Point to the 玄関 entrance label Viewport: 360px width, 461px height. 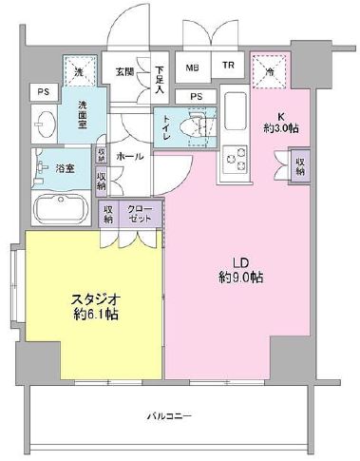tap(125, 70)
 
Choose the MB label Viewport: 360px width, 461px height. tap(193, 67)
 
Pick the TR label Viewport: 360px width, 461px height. tap(228, 67)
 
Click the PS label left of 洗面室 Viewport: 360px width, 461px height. tap(43, 91)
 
